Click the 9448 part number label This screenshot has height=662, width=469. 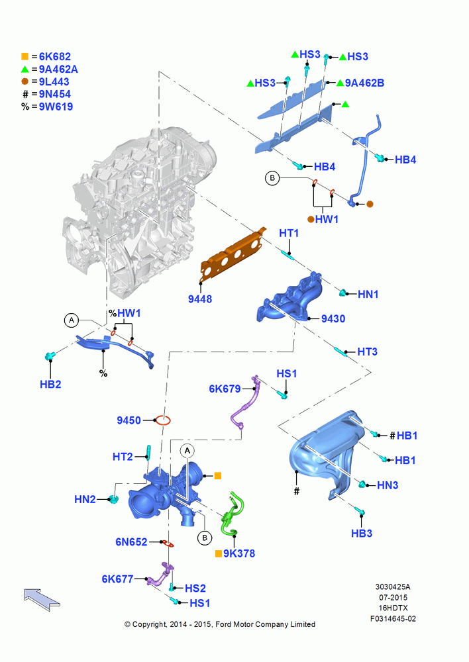tap(200, 299)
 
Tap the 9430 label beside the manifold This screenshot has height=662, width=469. tap(333, 318)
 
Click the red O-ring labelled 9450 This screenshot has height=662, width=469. tap(163, 420)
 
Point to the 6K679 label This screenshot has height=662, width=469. tap(225, 389)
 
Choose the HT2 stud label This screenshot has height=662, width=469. tap(123, 457)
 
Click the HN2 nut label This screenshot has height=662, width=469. tap(85, 499)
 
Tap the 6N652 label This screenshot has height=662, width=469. tap(131, 542)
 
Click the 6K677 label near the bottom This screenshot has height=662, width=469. tap(117, 579)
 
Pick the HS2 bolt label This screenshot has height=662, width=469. tap(195, 588)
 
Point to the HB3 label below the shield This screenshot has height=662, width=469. tap(362, 533)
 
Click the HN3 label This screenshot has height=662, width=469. tap(388, 485)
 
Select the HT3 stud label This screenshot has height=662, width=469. tap(367, 352)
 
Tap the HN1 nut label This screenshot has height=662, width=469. tap(368, 295)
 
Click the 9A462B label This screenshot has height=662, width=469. tap(364, 83)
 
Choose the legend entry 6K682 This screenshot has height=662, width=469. tap(55, 56)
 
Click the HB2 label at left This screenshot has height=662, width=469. tap(50, 384)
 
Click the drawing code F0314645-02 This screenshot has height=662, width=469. tap(393, 619)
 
